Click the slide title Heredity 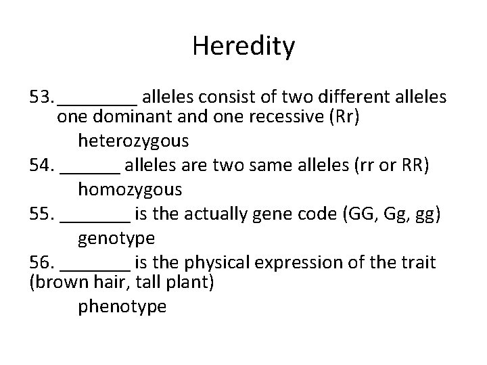tap(243, 47)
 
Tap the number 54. tap(43, 166)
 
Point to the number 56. tap(43, 262)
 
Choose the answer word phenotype tap(122, 306)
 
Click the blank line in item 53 tap(98, 103)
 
